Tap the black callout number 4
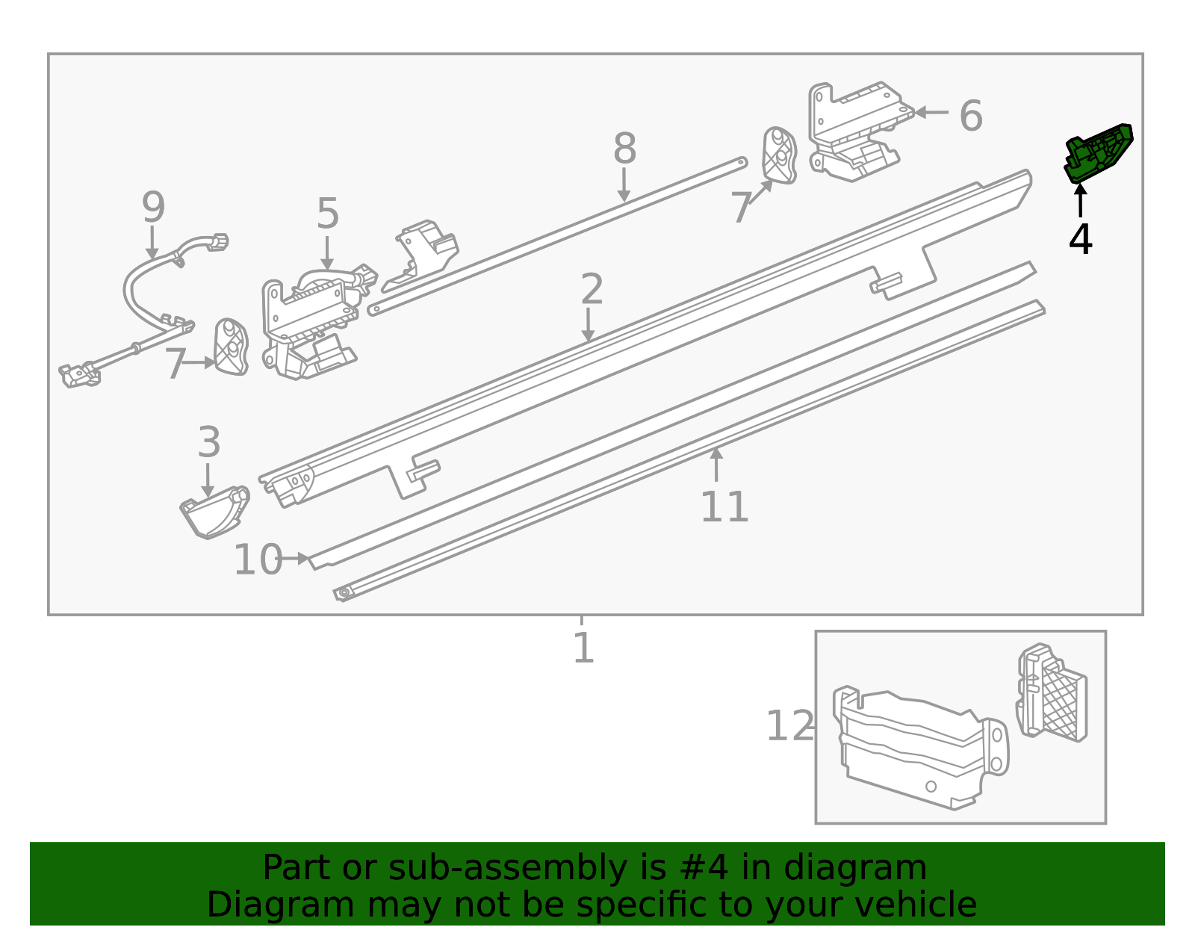(1080, 239)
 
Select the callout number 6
(970, 116)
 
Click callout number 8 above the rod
(624, 149)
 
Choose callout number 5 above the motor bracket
(327, 214)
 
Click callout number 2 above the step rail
(591, 289)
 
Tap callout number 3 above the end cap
(209, 442)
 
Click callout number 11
(724, 508)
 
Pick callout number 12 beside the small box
(789, 726)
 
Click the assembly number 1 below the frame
(583, 648)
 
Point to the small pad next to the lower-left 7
(230, 347)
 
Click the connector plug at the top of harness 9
(217, 242)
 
